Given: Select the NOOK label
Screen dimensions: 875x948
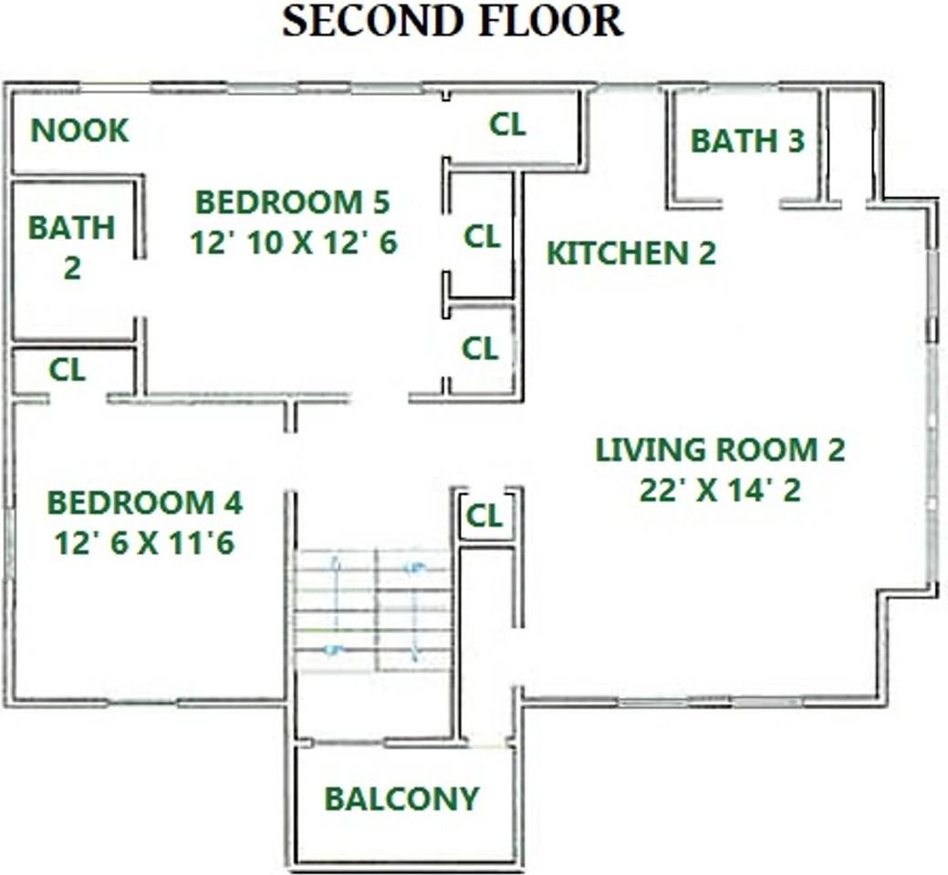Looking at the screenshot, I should click(x=80, y=130).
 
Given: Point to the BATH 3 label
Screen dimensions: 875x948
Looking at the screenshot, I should click(x=747, y=141).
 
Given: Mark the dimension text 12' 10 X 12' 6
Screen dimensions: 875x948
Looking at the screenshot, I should click(x=293, y=242).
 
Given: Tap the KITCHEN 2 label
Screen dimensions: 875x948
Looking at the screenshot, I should click(x=630, y=253).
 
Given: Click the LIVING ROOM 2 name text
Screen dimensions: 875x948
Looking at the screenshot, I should click(x=720, y=450).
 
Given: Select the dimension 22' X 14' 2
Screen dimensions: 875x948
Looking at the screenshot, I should click(x=720, y=490).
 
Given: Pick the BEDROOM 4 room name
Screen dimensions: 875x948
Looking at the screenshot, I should click(x=145, y=502).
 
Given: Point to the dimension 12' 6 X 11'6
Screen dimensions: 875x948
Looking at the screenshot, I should click(x=145, y=543).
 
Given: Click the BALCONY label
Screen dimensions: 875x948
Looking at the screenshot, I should click(x=401, y=798).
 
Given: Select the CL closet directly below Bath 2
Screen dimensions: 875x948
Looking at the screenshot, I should click(x=68, y=370).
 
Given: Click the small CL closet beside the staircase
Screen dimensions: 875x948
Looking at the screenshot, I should click(x=484, y=517).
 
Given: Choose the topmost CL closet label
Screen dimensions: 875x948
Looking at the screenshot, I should click(x=507, y=125).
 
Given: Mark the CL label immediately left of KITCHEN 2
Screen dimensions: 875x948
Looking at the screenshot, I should click(x=482, y=237).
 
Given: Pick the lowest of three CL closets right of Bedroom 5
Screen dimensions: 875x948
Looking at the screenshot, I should click(x=480, y=348).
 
